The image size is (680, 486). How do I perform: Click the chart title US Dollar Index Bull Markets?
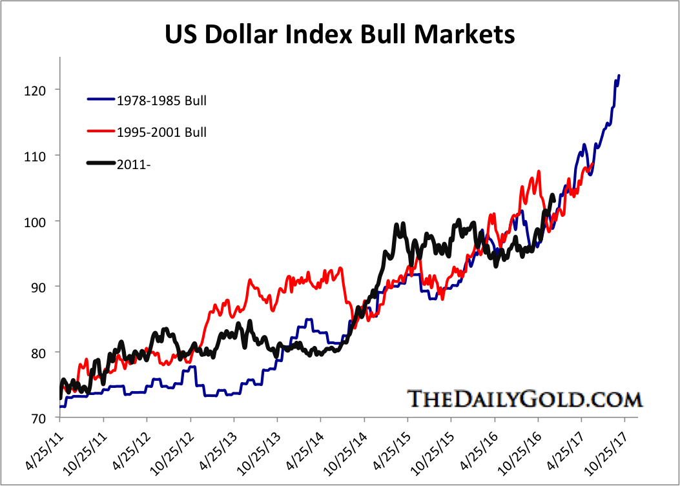click(340, 34)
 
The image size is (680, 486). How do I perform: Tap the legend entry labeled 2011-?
click(134, 164)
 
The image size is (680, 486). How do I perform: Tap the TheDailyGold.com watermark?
click(524, 398)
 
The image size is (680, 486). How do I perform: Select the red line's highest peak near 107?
click(538, 172)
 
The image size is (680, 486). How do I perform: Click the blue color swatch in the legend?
click(101, 100)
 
